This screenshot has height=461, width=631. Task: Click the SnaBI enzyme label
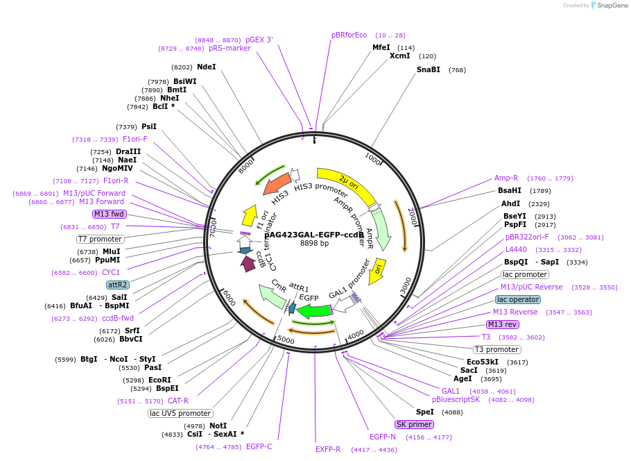click(x=428, y=69)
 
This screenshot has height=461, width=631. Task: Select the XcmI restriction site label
click(x=399, y=56)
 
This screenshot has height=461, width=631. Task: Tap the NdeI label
click(x=206, y=67)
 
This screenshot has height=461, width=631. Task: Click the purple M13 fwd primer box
click(x=109, y=214)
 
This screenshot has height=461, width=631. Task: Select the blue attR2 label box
click(x=117, y=285)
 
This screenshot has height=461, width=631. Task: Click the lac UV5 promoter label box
click(x=180, y=413)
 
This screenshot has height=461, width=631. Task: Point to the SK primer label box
click(x=414, y=424)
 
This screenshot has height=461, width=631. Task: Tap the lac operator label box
click(x=517, y=299)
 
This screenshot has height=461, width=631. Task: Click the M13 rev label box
click(x=502, y=324)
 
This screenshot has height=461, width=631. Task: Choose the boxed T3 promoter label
click(x=496, y=349)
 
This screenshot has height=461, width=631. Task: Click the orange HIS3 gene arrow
click(x=277, y=187)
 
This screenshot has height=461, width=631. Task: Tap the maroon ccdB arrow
click(x=248, y=263)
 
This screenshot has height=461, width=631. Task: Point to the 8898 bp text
click(x=314, y=244)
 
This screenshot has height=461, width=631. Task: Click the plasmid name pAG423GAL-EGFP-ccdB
click(x=314, y=235)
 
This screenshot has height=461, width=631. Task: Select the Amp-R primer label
click(x=506, y=178)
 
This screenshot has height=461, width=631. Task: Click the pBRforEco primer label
click(x=349, y=35)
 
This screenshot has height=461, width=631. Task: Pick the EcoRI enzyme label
click(x=159, y=380)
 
